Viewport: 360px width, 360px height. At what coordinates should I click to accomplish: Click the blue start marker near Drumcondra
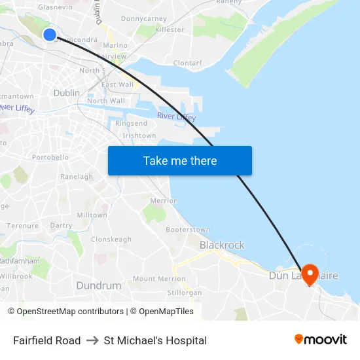[50, 34]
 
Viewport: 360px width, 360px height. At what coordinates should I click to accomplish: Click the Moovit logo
[320, 340]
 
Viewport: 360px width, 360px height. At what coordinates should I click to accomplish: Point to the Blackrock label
[222, 245]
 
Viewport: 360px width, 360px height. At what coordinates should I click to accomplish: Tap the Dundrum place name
[99, 285]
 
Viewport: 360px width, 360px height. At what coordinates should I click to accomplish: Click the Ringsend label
[131, 123]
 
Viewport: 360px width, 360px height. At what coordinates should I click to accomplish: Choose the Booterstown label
[188, 230]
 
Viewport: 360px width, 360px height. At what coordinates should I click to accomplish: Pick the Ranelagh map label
[77, 177]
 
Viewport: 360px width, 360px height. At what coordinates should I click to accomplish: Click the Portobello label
[50, 157]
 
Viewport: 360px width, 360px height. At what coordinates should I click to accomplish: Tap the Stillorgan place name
[185, 293]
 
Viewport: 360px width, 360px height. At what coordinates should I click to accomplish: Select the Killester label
[170, 30]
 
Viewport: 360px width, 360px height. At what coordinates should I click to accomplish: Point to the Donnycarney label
[144, 19]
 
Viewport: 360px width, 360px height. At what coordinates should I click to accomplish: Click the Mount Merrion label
[159, 279]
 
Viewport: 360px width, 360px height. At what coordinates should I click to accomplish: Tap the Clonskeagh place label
[111, 240]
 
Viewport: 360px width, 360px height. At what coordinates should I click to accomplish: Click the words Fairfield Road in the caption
[46, 340]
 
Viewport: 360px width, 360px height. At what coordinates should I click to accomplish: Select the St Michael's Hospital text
[155, 340]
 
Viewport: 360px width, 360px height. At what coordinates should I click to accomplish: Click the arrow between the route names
[92, 340]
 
